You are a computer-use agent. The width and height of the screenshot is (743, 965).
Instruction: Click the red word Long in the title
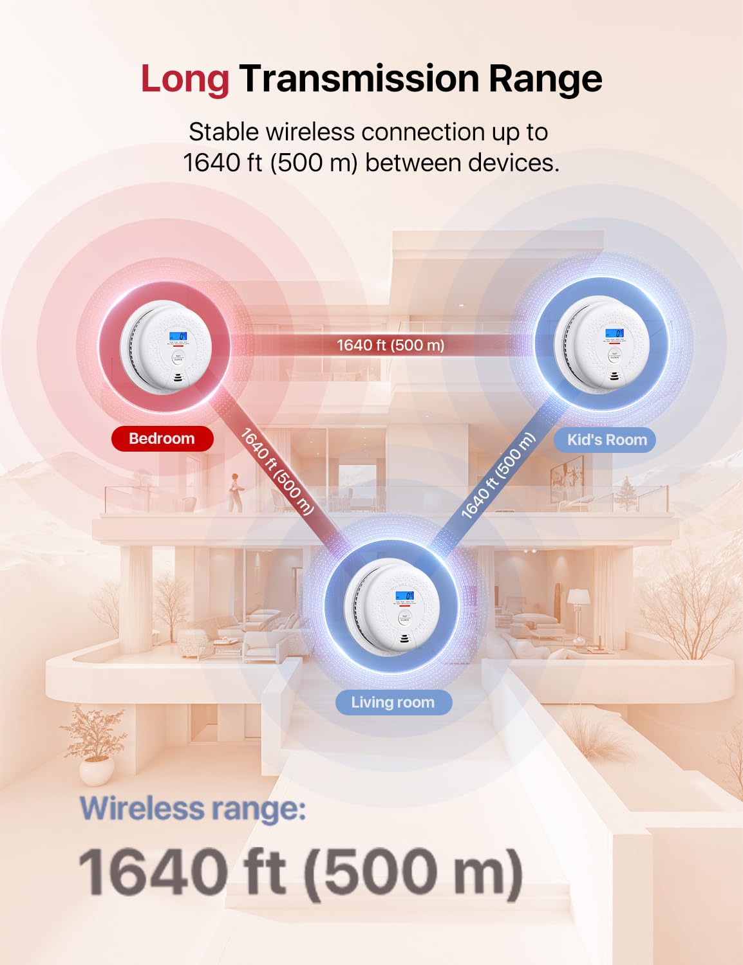click(185, 79)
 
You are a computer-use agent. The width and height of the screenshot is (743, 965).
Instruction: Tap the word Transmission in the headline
click(359, 79)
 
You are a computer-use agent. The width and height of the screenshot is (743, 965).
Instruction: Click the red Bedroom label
click(162, 439)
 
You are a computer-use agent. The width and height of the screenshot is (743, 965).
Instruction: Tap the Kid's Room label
click(607, 440)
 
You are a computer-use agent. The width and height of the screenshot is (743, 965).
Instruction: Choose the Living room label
click(393, 703)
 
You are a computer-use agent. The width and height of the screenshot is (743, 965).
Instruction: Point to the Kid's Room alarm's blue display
click(614, 333)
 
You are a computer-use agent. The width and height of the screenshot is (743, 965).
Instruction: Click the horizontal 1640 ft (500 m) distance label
click(391, 345)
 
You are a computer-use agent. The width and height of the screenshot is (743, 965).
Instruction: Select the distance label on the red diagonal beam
click(277, 472)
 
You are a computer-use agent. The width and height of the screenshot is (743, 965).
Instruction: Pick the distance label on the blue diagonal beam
click(498, 476)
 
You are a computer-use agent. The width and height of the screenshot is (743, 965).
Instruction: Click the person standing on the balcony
click(236, 492)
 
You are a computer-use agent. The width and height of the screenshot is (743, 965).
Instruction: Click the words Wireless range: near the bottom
click(193, 809)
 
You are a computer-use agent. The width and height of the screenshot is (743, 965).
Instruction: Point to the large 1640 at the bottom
click(153, 872)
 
